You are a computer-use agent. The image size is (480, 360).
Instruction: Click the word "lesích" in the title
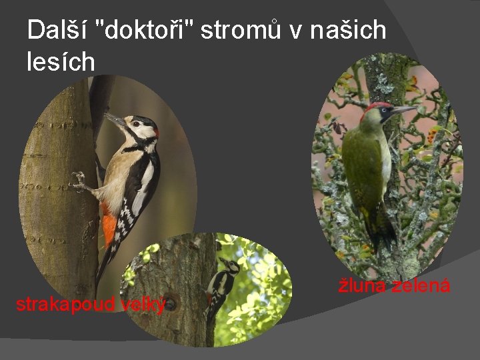click(61, 61)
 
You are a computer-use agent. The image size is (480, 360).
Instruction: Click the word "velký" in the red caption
click(143, 305)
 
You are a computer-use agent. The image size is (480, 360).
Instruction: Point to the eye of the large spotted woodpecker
click(136, 123)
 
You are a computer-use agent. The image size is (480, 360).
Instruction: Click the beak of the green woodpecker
click(404, 108)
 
